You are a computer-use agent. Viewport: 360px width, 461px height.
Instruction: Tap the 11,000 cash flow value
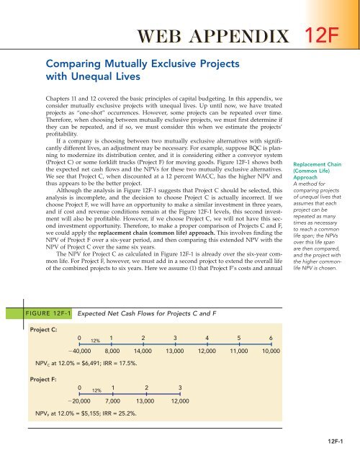point(238,350)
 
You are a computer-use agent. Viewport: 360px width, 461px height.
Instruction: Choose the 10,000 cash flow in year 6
point(271,350)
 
